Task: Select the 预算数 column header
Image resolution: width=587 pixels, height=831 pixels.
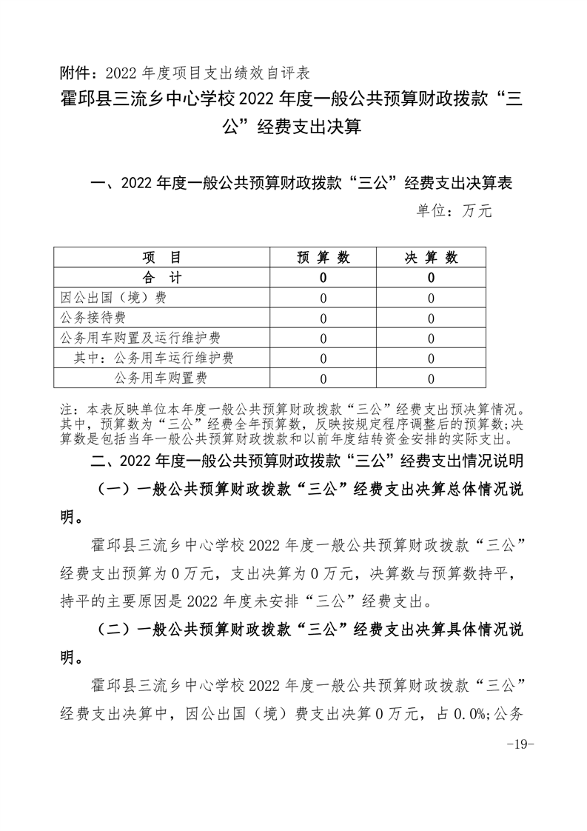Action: (x=323, y=258)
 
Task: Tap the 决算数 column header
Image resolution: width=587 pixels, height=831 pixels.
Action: (x=431, y=258)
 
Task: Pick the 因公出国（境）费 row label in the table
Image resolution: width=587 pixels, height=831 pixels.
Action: (x=113, y=298)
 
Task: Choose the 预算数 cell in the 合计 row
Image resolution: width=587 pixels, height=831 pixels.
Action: (x=323, y=278)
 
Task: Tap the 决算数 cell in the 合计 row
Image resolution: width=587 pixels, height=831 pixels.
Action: (x=431, y=278)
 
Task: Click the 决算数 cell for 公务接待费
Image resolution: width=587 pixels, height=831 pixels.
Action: (x=431, y=318)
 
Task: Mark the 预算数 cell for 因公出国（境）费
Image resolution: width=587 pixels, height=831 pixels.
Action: (x=323, y=298)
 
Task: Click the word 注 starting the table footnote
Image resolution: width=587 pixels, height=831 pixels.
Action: (x=66, y=408)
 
